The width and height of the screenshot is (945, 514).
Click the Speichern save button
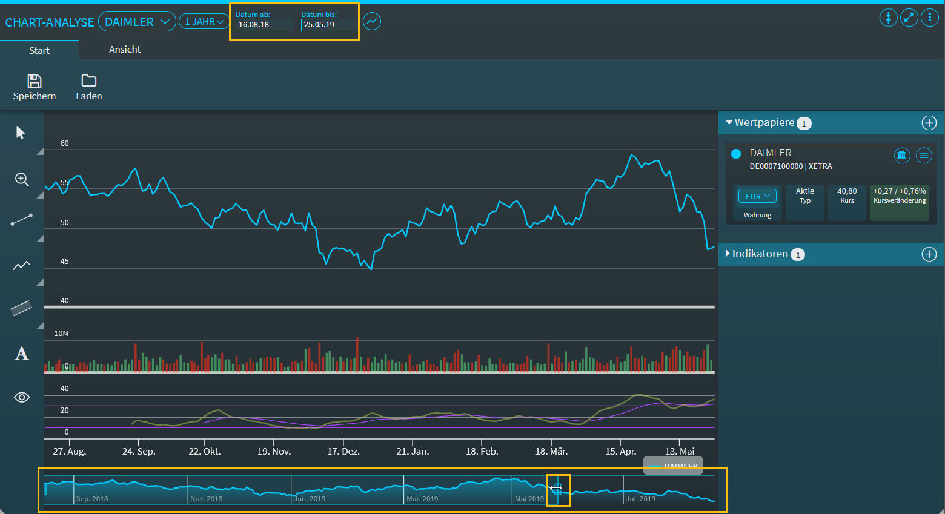[35, 87]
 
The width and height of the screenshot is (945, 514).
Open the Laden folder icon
[89, 87]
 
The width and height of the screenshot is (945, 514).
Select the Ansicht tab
[125, 50]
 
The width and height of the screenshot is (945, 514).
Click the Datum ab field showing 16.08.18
[265, 25]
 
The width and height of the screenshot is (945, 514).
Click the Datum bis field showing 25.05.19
[329, 25]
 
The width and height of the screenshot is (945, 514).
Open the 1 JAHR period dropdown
[204, 22]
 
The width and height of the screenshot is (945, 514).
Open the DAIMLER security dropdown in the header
[137, 22]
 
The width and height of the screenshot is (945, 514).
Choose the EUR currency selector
[757, 196]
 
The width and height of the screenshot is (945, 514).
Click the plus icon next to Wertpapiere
[929, 123]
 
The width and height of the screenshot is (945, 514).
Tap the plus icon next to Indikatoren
[929, 254]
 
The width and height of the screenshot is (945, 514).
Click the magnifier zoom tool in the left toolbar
[22, 179]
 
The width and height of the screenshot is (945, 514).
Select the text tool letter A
[22, 354]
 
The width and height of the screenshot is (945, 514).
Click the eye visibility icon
[22, 397]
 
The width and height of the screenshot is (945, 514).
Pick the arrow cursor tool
[21, 133]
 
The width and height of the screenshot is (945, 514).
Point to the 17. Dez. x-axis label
[343, 452]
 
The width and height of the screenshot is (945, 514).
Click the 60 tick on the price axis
[65, 143]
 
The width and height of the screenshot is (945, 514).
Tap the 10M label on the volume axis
[61, 334]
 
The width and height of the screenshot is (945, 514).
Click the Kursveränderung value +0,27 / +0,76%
[900, 191]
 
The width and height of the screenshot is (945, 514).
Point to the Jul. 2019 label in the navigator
[641, 499]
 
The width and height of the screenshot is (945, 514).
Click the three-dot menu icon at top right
[929, 18]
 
